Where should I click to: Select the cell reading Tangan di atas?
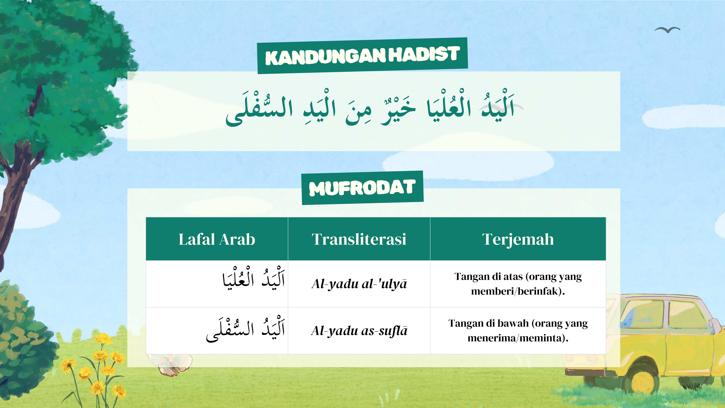[518, 284]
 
